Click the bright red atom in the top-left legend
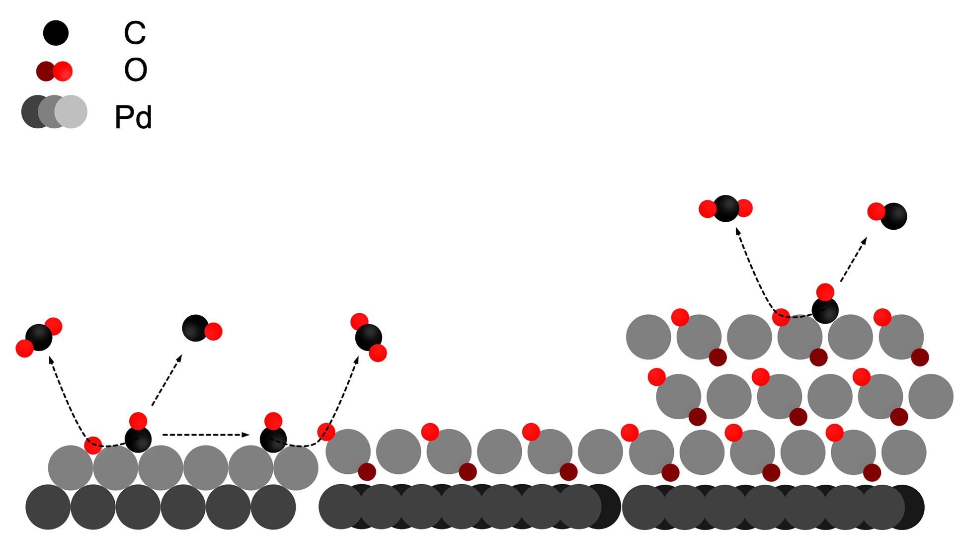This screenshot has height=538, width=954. [x=63, y=71]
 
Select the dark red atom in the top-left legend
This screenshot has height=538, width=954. [x=45, y=71]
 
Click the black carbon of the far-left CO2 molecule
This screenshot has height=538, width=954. [x=38, y=337]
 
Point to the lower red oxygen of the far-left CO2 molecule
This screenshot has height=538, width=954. [x=24, y=348]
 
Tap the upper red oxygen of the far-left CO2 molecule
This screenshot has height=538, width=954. [x=54, y=326]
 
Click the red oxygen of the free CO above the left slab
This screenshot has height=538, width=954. [x=213, y=331]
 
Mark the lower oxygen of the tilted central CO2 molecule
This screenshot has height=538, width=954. [x=378, y=353]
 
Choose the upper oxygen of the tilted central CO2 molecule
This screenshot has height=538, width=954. [x=359, y=321]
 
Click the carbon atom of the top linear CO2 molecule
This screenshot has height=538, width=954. [x=726, y=206]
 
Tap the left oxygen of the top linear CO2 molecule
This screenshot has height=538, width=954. [x=707, y=209]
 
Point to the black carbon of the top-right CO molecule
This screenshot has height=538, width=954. [x=894, y=215]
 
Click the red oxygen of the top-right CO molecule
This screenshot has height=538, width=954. [x=876, y=211]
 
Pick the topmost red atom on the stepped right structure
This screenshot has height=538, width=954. [x=825, y=292]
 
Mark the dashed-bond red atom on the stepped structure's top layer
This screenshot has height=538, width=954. [x=781, y=317]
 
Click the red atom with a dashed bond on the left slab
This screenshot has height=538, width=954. [x=93, y=445]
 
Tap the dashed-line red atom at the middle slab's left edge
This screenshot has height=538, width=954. [x=326, y=431]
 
